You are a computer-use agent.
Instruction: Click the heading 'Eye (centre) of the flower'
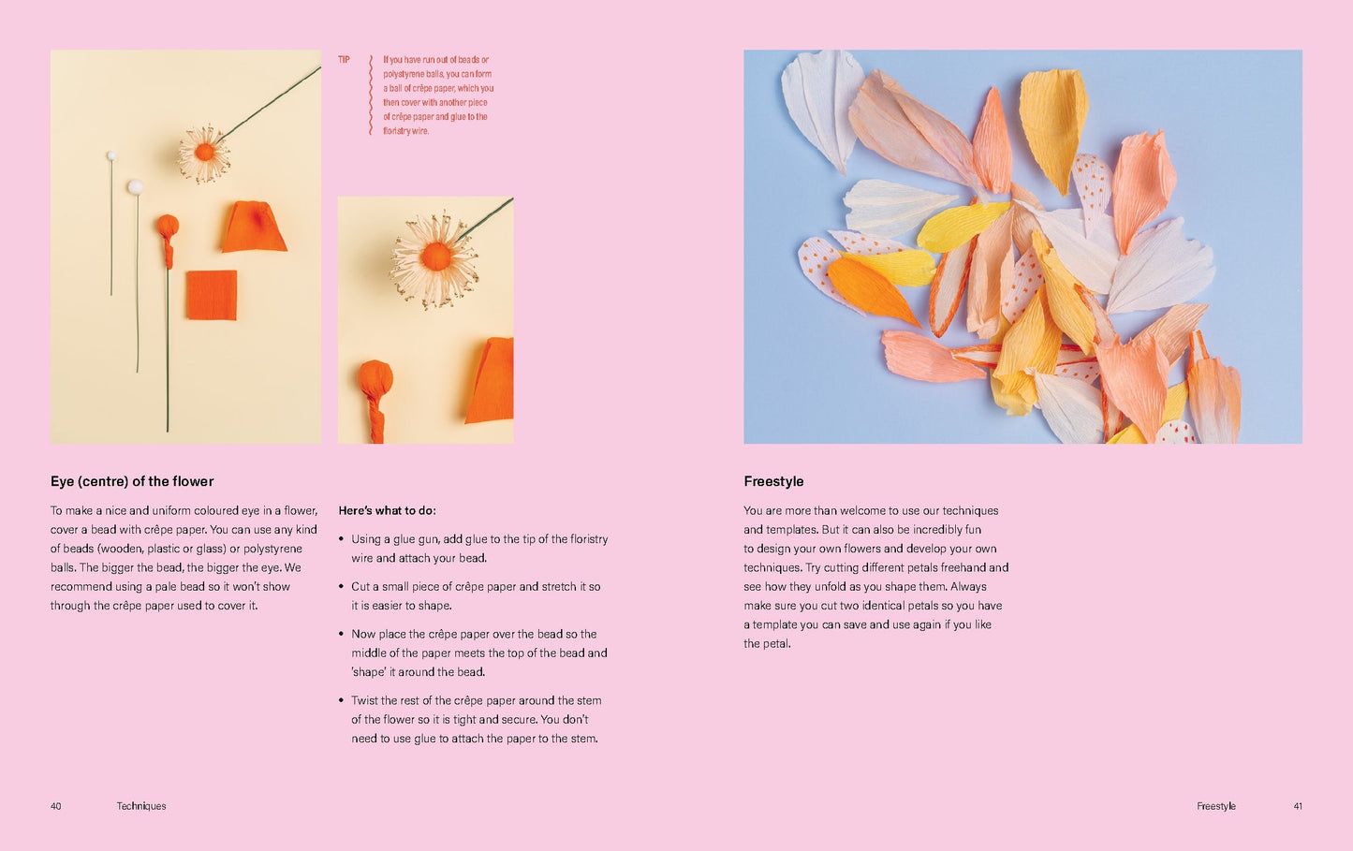132,481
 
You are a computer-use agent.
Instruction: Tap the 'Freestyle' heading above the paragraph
773,481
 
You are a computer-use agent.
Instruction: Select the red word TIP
344,60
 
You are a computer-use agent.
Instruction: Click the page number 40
55,806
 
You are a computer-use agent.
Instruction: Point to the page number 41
1298,806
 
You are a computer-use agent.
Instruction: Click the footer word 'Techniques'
140,806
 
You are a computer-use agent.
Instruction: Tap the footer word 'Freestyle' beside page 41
1216,806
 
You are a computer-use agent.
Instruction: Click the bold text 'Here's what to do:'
387,510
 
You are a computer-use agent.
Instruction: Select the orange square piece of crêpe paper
212,295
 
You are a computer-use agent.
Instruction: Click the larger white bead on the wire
135,186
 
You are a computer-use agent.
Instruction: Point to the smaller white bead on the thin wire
111,155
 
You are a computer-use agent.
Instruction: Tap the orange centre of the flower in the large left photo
204,153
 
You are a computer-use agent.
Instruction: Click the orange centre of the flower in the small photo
436,256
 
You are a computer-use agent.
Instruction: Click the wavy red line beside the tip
371,95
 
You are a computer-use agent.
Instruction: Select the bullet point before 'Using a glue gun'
341,539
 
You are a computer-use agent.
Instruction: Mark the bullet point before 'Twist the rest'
341,700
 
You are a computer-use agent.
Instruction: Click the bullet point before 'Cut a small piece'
341,586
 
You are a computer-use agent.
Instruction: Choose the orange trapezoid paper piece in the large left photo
254,227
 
